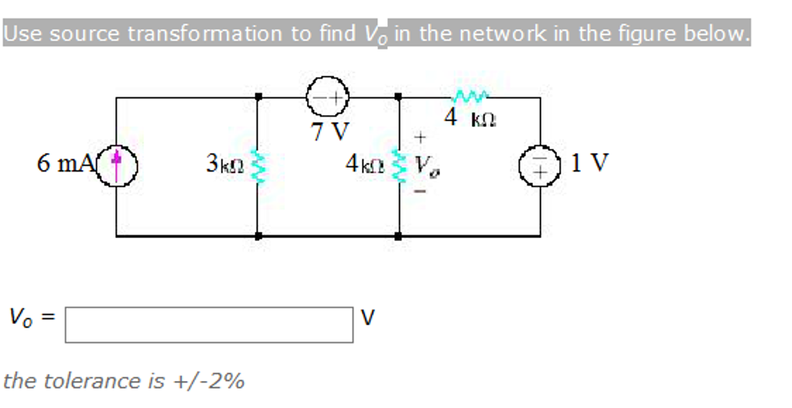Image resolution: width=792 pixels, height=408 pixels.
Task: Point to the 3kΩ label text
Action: point(225,164)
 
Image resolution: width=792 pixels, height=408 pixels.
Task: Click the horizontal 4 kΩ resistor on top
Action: point(471,97)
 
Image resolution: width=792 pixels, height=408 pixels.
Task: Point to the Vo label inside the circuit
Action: point(425,165)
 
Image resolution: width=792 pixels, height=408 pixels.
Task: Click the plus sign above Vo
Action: point(420,138)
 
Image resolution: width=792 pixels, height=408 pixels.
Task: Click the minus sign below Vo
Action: point(420,191)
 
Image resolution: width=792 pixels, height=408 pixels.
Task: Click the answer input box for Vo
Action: point(209,325)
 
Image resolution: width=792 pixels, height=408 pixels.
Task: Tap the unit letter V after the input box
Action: point(368,318)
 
